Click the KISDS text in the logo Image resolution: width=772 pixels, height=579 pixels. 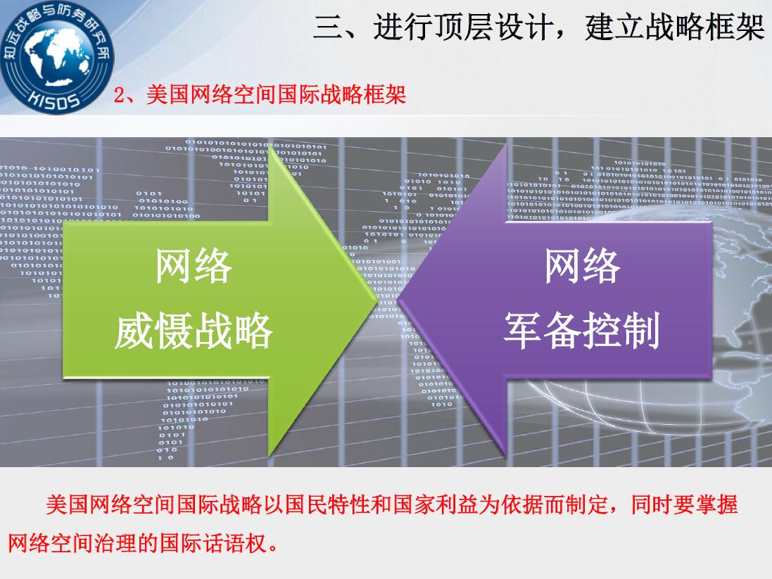click(x=54, y=98)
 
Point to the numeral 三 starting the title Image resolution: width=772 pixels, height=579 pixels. click(x=328, y=27)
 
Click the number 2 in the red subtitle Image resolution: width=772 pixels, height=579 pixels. click(x=119, y=95)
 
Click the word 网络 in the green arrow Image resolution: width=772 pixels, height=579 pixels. click(x=194, y=267)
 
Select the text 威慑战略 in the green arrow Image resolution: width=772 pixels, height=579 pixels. click(x=194, y=331)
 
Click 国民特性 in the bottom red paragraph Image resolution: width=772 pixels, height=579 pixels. click(x=328, y=504)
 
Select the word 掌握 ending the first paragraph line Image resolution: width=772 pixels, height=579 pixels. click(x=717, y=504)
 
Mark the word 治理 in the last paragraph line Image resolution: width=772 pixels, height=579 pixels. click(x=116, y=544)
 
